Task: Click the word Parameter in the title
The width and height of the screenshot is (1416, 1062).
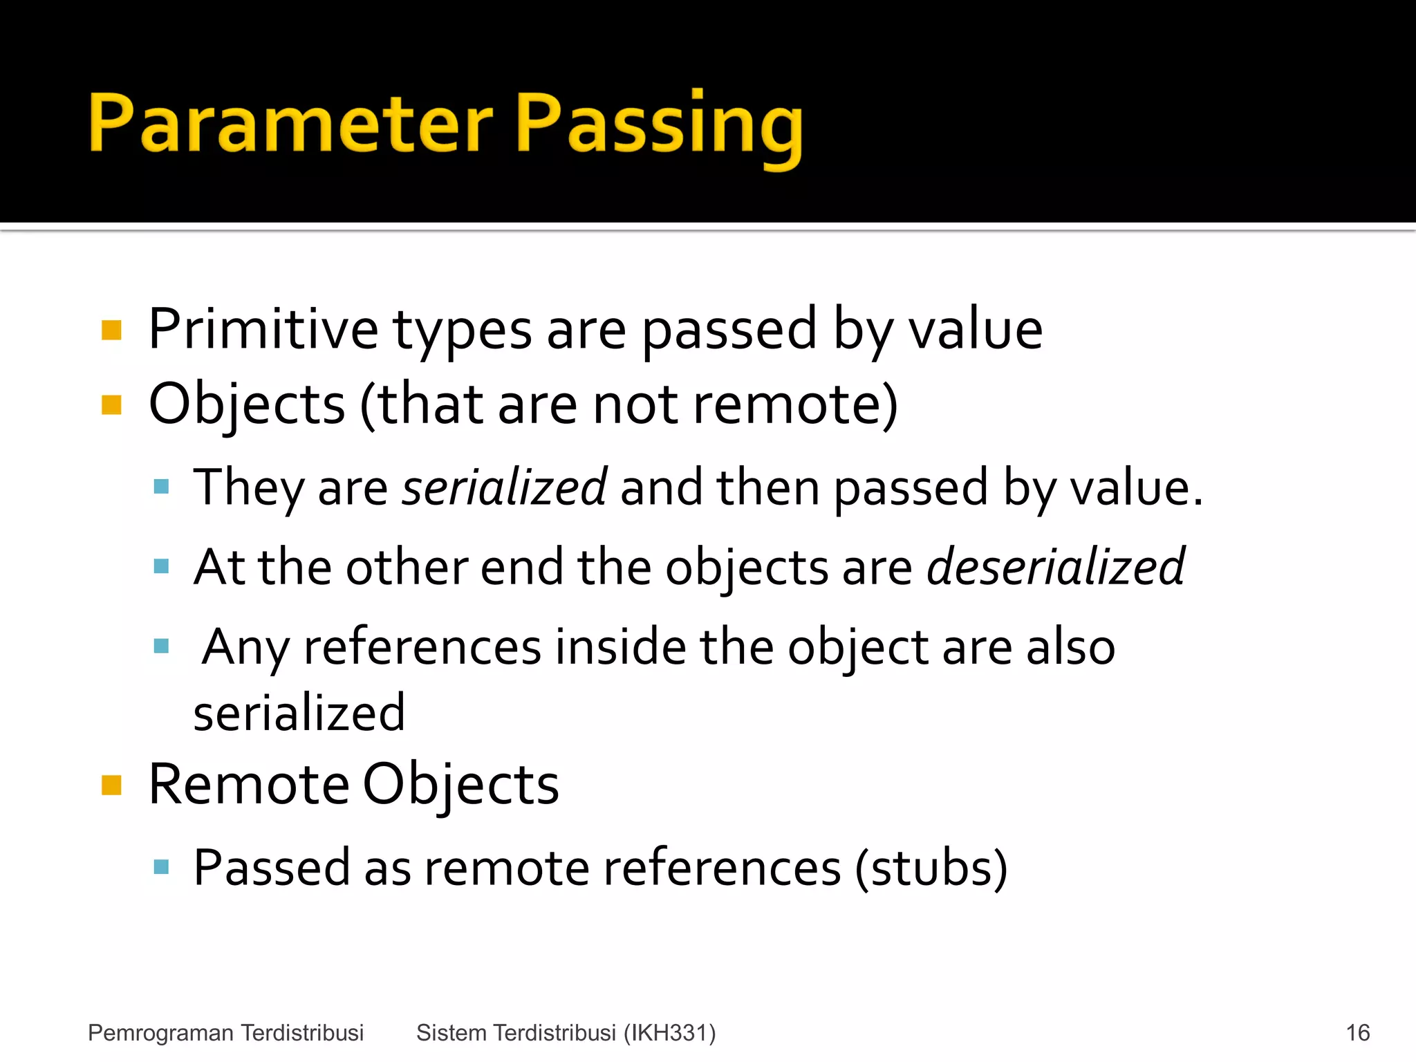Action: [x=290, y=124]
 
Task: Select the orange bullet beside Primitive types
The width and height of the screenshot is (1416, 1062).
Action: [x=111, y=330]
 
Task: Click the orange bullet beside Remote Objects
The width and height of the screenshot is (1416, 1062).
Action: [x=111, y=785]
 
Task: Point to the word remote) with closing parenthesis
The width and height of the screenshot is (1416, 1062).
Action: [x=795, y=404]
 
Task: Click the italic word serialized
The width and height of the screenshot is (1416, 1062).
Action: [x=504, y=487]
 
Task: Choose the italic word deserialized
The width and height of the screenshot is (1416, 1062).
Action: [x=1056, y=567]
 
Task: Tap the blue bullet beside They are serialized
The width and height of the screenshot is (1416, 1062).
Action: [x=161, y=487]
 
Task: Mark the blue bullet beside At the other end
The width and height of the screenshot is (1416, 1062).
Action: [x=161, y=567]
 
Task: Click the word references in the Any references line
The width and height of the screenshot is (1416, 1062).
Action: [x=422, y=648]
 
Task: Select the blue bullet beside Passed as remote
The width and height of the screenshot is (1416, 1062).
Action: [x=161, y=867]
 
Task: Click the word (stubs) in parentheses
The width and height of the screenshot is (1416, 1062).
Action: [x=931, y=868]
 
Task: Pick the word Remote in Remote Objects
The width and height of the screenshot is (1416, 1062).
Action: [x=249, y=785]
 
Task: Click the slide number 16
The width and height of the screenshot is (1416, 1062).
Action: [x=1357, y=1033]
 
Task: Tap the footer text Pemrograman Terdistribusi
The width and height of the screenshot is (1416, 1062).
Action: [x=225, y=1033]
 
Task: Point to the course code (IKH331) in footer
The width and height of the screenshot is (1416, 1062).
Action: [x=669, y=1033]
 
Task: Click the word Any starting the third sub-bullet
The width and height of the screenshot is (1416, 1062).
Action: [x=245, y=648]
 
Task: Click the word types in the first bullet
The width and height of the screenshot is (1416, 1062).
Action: [x=462, y=330]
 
